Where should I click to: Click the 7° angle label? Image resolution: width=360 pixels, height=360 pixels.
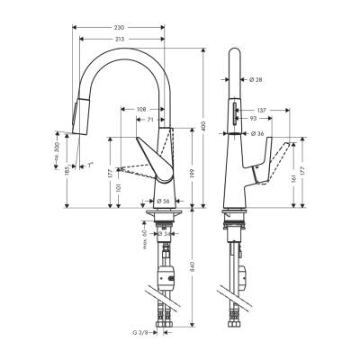[x=90, y=165]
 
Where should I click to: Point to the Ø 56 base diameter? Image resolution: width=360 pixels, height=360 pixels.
[x=164, y=200]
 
